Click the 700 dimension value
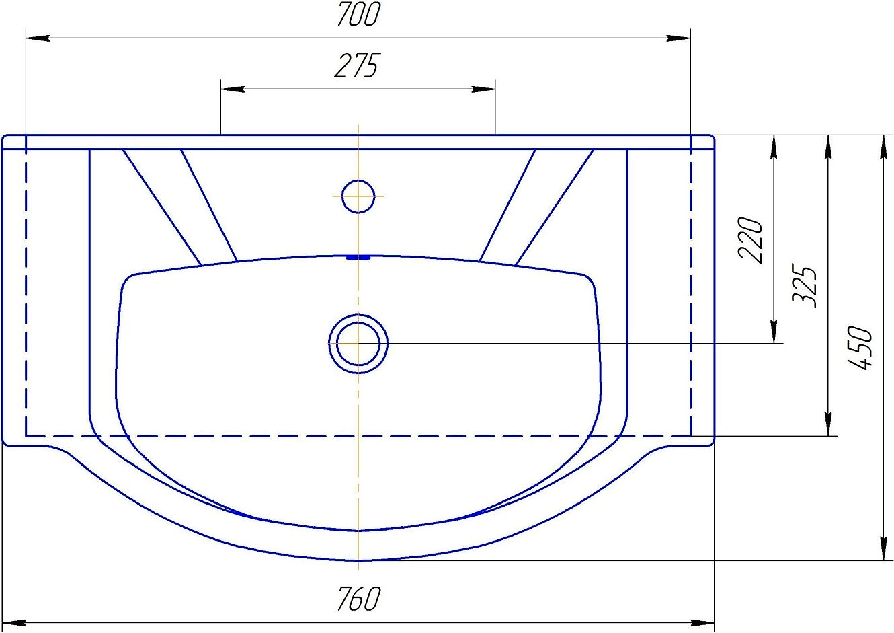coord(358,14)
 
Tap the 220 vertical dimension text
coord(750,240)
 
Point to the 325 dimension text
coord(804,286)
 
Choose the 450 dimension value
coord(859,348)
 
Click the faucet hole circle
coord(358,196)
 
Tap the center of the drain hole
coord(358,344)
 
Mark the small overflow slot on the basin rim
coord(358,258)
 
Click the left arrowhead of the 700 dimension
coord(38,38)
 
